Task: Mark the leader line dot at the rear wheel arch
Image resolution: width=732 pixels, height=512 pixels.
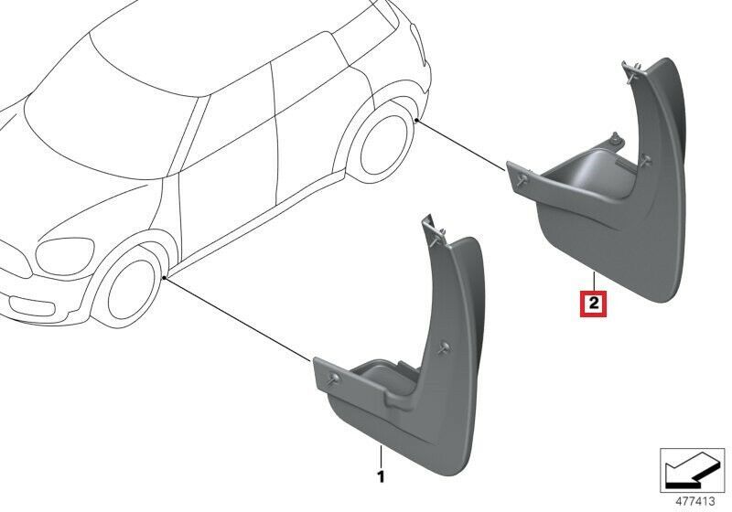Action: [416, 121]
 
